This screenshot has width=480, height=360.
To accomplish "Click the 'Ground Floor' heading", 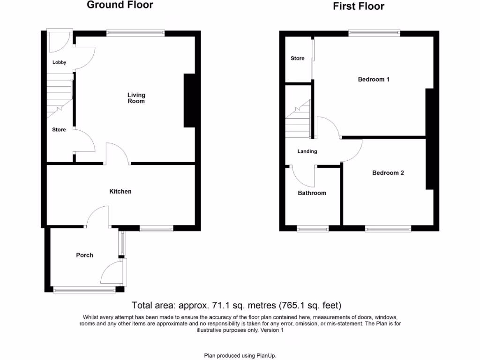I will pyautogui.click(x=120, y=5).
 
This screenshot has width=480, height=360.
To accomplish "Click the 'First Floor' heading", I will pyautogui.click(x=359, y=6).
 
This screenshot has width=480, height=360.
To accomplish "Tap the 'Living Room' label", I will pyautogui.click(x=136, y=98).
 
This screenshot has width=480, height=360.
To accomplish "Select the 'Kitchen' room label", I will pyautogui.click(x=120, y=191).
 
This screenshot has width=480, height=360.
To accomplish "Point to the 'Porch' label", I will pyautogui.click(x=85, y=255).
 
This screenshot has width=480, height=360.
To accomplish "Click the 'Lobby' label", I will pyautogui.click(x=60, y=62).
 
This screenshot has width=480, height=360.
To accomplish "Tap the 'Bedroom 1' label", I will pyautogui.click(x=374, y=79).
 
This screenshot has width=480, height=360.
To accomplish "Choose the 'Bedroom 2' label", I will pyautogui.click(x=388, y=172).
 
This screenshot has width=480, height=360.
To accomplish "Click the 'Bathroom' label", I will pyautogui.click(x=312, y=193).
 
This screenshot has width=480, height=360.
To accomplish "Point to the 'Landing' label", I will pyautogui.click(x=307, y=151).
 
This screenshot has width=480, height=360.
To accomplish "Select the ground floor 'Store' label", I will pyautogui.click(x=59, y=129).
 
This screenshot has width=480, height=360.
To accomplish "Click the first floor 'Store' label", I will pyautogui.click(x=298, y=58).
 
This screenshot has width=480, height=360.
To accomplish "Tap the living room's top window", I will pyautogui.click(x=135, y=33).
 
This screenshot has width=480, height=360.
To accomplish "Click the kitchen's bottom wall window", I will pyautogui.click(x=157, y=229).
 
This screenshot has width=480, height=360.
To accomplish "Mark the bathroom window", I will pyautogui.click(x=313, y=229).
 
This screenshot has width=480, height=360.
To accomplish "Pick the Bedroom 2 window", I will pyautogui.click(x=388, y=229).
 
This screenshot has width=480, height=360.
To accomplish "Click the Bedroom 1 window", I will pyautogui.click(x=374, y=33).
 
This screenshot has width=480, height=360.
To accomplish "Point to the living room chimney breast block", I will pyautogui.click(x=189, y=100).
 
